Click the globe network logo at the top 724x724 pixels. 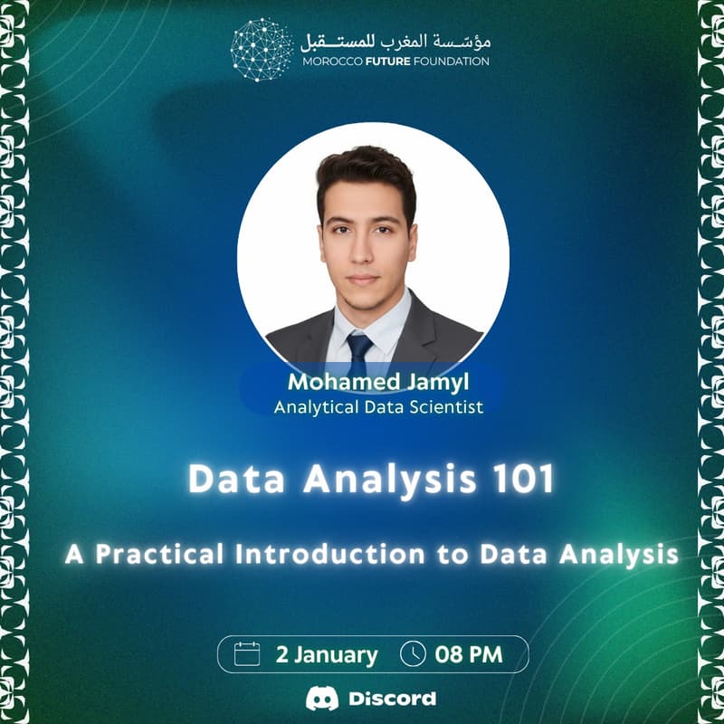coord(262,50)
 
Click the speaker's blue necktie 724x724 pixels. coord(359,349)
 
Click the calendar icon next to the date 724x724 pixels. coord(247,653)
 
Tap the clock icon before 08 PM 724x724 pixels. coord(413,653)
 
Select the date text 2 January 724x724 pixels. coord(327,654)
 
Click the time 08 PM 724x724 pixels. coord(469,654)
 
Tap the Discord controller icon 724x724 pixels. coord(322,699)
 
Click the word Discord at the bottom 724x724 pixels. coord(392,699)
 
